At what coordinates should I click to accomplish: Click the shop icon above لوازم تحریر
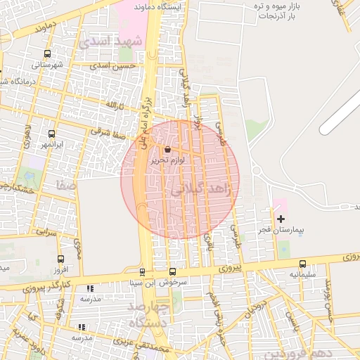(x=167, y=150)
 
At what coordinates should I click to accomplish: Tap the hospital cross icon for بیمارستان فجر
(x=281, y=219)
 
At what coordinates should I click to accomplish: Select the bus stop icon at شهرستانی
(x=47, y=53)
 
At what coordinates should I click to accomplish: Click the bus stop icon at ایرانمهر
(x=51, y=134)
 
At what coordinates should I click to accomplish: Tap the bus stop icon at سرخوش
(x=172, y=272)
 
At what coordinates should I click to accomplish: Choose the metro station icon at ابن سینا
(x=142, y=272)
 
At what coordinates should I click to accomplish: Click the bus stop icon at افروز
(x=60, y=259)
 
